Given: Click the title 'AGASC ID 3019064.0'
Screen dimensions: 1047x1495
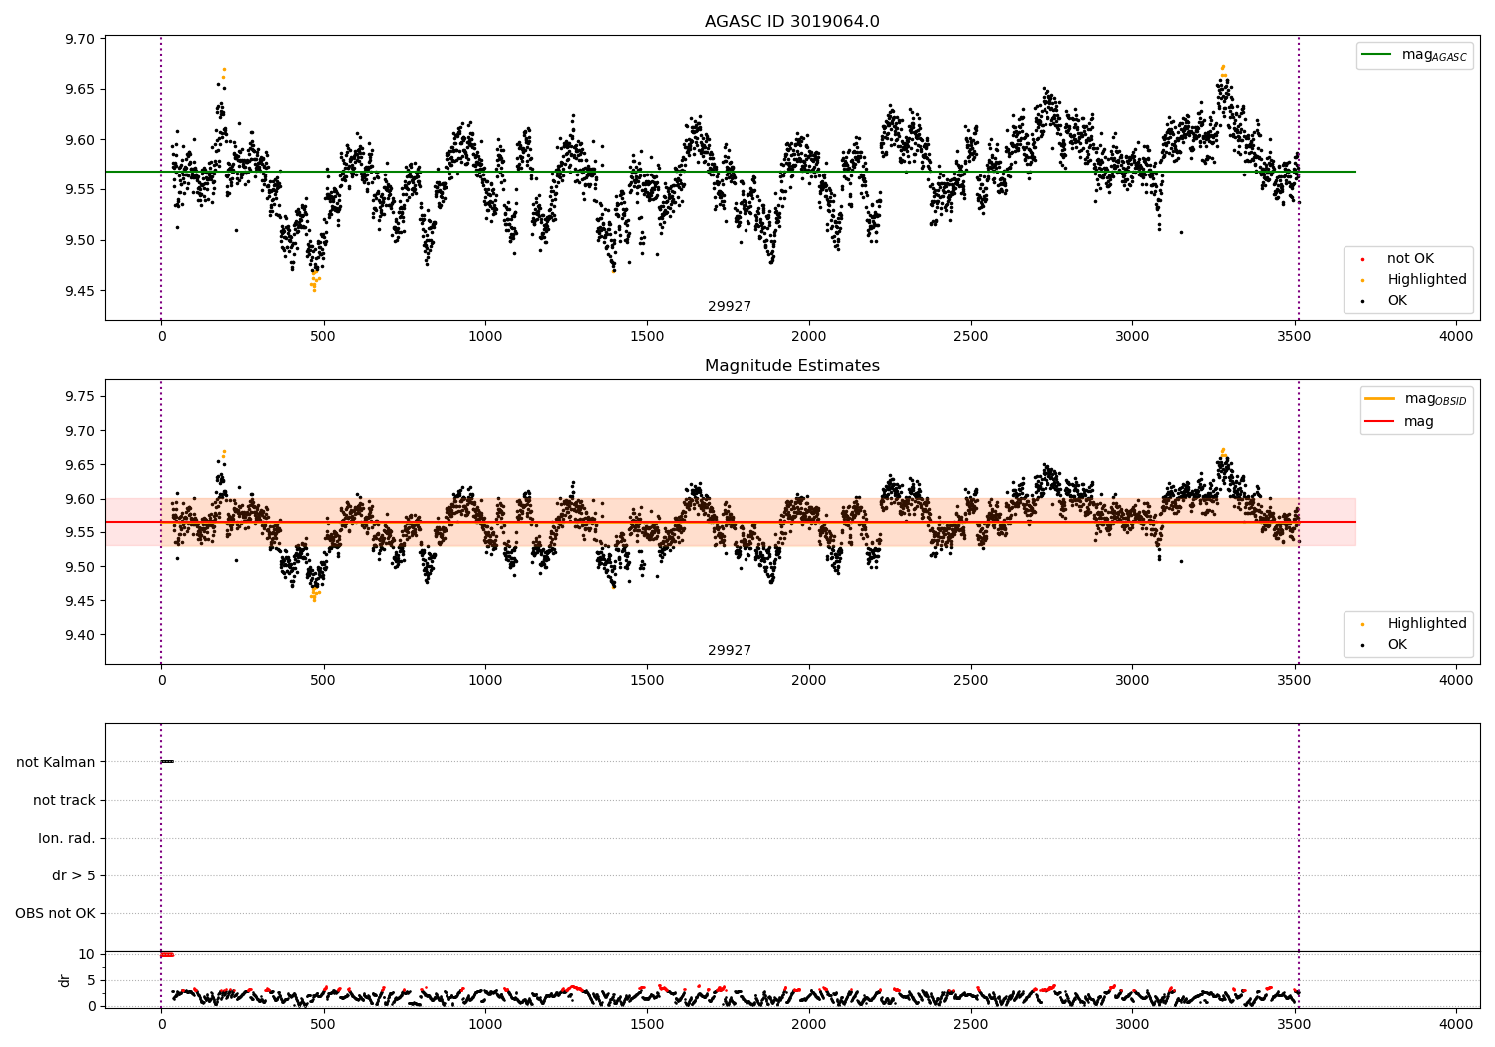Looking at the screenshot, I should [791, 22].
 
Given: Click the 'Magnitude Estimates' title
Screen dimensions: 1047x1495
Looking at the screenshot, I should [791, 366].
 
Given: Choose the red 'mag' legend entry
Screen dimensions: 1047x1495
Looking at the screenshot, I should [1418, 422].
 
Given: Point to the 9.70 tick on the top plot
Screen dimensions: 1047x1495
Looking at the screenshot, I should [80, 40].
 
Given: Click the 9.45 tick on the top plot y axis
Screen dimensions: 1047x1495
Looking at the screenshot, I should [80, 291].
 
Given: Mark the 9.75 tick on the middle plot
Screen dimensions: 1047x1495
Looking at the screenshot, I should [80, 397].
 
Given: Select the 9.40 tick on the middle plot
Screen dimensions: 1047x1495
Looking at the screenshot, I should [80, 635].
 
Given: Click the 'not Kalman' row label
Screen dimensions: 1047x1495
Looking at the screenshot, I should [56, 763].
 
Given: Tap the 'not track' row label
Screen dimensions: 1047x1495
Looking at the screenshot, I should [64, 801].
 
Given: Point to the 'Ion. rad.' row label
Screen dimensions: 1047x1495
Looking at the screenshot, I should [67, 839].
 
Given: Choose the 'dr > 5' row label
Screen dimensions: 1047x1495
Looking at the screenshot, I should [74, 876].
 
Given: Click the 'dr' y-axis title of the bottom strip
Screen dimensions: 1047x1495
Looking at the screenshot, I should [65, 980].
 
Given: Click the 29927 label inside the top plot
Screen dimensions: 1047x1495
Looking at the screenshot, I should [730, 307].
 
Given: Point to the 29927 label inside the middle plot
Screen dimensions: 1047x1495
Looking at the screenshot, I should [730, 651].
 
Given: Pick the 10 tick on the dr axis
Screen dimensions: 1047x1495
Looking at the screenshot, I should [87, 955].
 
